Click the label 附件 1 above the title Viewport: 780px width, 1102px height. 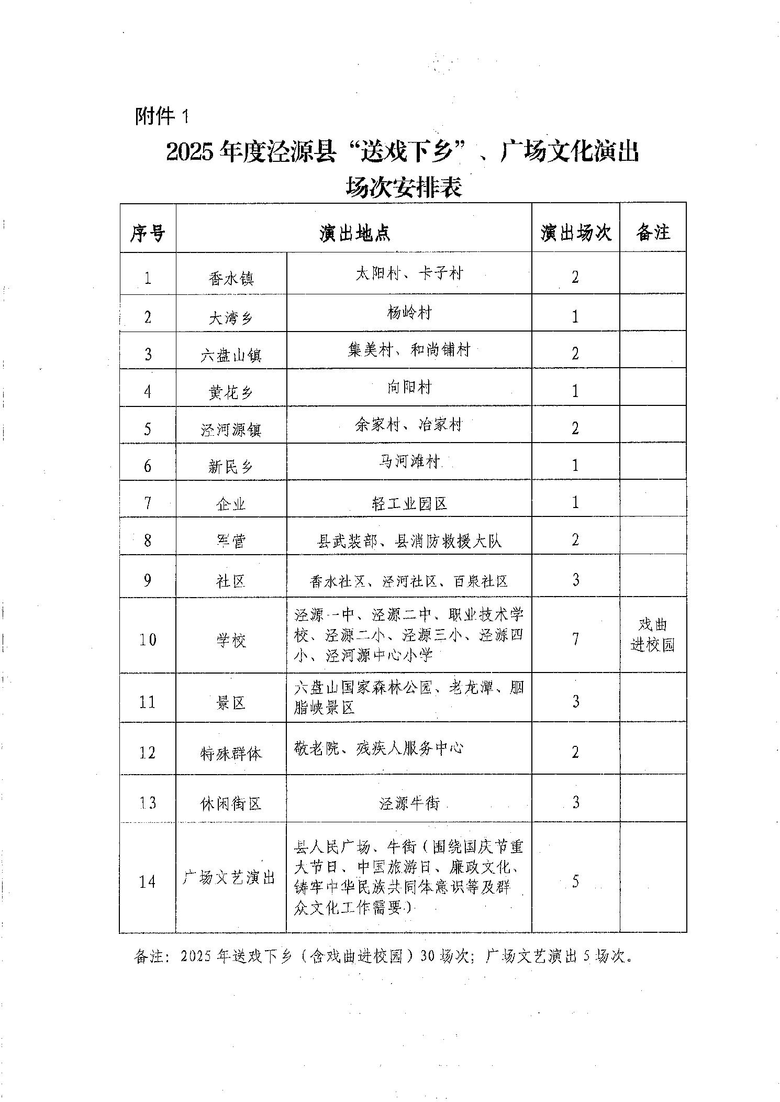click(161, 116)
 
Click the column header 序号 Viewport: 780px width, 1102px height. click(148, 233)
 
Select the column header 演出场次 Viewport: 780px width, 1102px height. click(576, 232)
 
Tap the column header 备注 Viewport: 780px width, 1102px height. click(653, 232)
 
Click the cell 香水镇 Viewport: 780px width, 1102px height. click(231, 278)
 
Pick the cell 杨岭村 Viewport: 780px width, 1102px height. click(409, 313)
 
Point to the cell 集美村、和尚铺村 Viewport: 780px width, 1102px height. click(409, 350)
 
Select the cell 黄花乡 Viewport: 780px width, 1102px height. click(231, 392)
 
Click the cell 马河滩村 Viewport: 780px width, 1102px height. click(409, 462)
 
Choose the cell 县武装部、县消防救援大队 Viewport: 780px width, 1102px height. click(409, 541)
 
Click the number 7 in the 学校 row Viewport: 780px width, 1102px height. click(575, 639)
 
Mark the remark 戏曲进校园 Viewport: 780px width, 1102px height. click(653, 635)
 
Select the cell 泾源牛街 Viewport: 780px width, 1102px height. click(409, 803)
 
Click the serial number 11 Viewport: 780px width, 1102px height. click(148, 701)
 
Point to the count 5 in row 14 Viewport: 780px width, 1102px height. click(575, 881)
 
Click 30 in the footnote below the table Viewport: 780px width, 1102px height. click(428, 956)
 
